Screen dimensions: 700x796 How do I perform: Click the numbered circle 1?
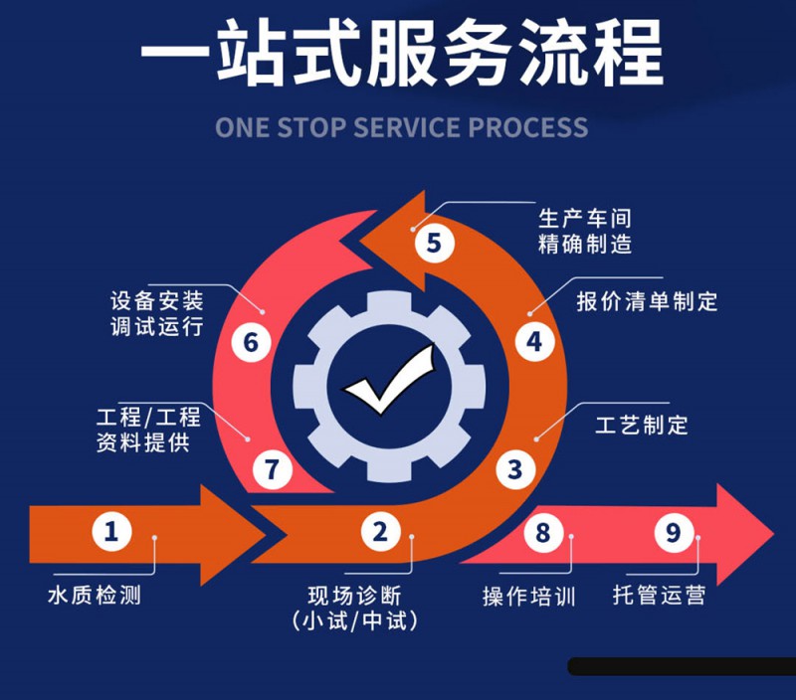(x=111, y=532)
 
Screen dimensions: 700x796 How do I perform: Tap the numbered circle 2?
(x=379, y=532)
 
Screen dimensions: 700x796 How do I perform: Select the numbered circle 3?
(x=514, y=468)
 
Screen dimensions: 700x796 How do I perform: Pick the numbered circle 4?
(x=534, y=342)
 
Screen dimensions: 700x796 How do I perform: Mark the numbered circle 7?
(x=272, y=468)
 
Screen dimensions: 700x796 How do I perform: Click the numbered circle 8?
(x=542, y=533)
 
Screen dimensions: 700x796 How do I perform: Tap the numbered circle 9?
(x=674, y=533)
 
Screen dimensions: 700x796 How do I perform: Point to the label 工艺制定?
(x=642, y=426)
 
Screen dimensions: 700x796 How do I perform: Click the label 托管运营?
(x=659, y=597)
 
